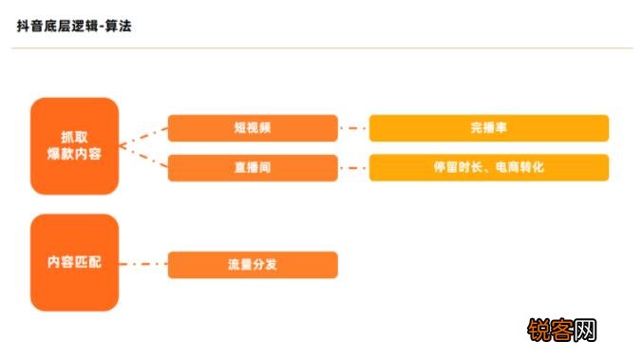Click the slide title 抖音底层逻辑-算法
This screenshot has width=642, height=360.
point(74,26)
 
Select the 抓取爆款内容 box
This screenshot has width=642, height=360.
point(74,145)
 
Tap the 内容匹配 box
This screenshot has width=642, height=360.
point(74,262)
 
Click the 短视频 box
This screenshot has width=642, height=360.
point(253,128)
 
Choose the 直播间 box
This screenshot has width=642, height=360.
point(253,167)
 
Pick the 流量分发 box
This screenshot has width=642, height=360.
point(253,265)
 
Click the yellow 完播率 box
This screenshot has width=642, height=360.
point(488,128)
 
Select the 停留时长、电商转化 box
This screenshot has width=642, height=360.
point(488,167)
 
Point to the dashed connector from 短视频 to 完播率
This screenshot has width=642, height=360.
point(353,128)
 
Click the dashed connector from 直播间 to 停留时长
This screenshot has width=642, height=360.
point(353,168)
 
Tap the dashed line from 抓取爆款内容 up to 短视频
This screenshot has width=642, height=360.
point(143,135)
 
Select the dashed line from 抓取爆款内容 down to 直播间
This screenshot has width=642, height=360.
point(143,159)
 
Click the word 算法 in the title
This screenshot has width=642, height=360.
point(120,26)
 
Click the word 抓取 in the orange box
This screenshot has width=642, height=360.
point(74,136)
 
